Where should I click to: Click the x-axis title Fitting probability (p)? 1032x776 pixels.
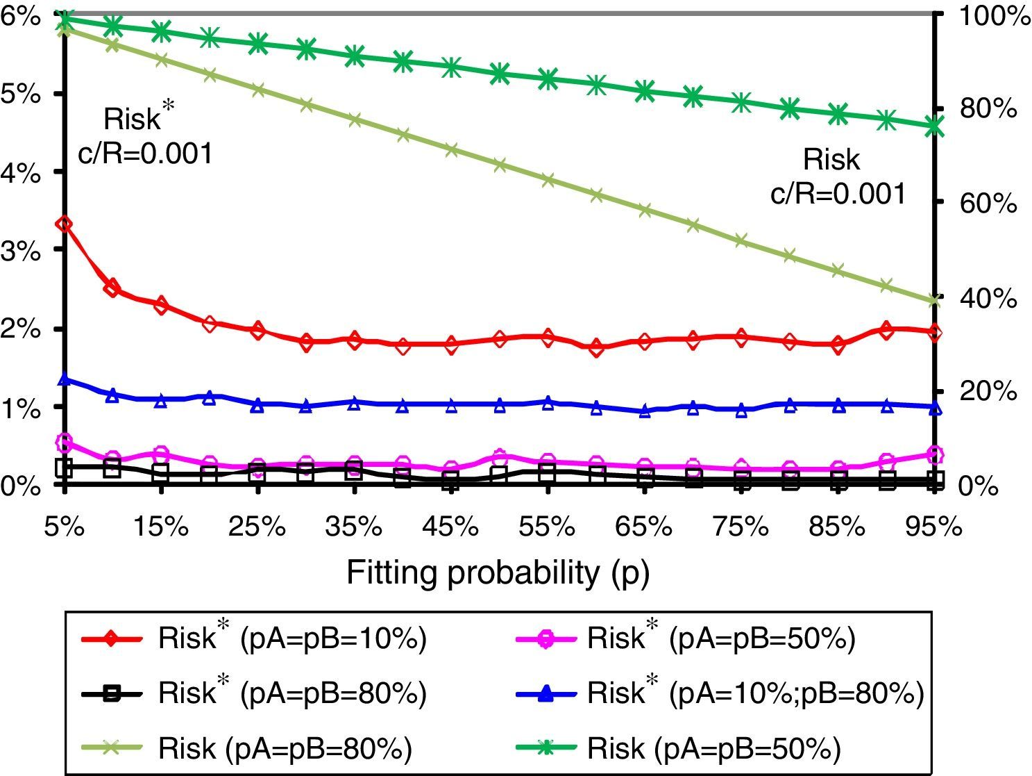[498, 574]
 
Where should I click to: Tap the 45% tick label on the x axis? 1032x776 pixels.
[451, 527]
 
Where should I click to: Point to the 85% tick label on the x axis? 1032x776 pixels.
[838, 527]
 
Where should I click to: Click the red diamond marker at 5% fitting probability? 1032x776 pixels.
[65, 224]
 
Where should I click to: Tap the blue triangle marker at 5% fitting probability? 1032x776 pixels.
[65, 379]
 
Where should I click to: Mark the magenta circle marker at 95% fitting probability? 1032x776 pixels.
[935, 455]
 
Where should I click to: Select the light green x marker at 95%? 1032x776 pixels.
[935, 300]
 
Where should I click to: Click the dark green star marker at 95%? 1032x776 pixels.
[935, 127]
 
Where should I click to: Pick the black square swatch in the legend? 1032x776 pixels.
[112, 693]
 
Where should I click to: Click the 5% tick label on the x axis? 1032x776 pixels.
[65, 527]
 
